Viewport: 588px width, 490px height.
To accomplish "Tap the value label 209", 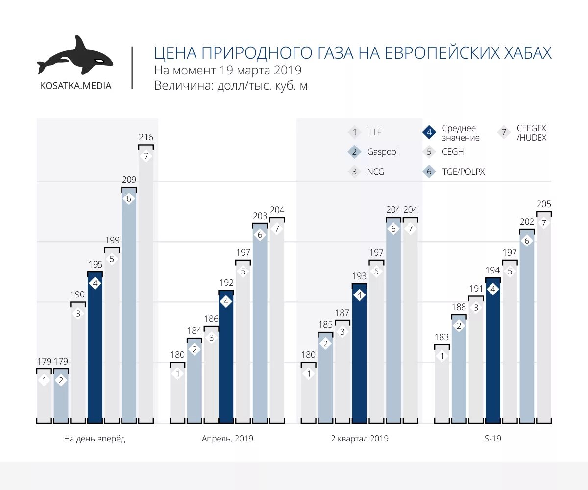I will click(x=128, y=180).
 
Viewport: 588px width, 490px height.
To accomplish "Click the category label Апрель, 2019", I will click(x=227, y=439).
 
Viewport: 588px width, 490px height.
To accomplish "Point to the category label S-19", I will click(x=492, y=439).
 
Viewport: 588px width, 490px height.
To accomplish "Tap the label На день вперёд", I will click(x=95, y=439).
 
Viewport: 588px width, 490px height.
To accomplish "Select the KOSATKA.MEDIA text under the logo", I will click(x=75, y=86).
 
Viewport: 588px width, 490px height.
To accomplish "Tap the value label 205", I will click(x=543, y=204).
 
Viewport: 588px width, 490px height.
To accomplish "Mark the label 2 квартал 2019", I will click(x=360, y=439).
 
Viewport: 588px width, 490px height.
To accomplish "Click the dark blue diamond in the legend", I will click(x=429, y=132).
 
